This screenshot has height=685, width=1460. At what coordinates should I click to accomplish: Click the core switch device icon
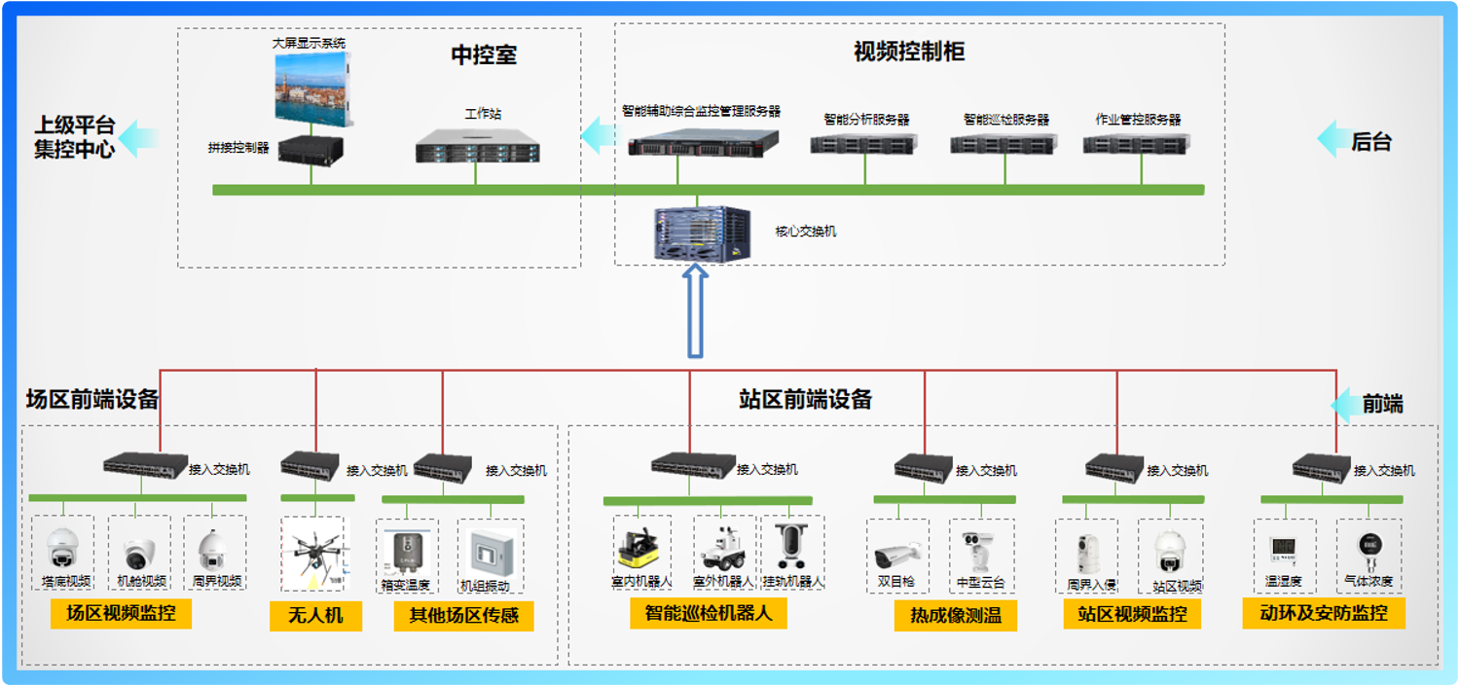pos(698,234)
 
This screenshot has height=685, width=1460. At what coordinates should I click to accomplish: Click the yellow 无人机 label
pos(315,615)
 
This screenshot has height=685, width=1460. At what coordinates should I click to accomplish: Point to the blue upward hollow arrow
pos(696,313)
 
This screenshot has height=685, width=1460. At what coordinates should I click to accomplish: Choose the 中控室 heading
pos(484,55)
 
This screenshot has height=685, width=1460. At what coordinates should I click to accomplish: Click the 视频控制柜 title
pos(909,52)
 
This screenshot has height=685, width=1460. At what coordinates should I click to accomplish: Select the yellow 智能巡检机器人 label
pos(708,613)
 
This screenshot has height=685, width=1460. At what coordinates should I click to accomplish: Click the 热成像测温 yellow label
pos(955,615)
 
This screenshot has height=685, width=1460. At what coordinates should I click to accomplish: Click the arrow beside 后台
pos(1331,140)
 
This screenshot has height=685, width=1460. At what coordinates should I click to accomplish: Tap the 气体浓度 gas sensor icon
pos(1367,551)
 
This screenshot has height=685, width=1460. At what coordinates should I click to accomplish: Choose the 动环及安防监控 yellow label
pos(1323,613)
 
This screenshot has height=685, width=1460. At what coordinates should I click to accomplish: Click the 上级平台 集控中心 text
pos(75,137)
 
